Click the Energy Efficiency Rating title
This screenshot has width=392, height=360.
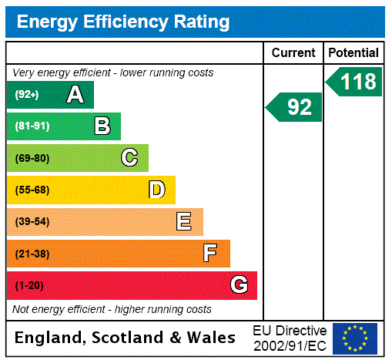click(x=123, y=22)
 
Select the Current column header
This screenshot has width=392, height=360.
click(x=293, y=52)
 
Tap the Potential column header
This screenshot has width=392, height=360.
click(x=353, y=52)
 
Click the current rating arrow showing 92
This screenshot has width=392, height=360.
click(x=295, y=107)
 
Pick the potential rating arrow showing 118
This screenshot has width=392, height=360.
click(x=355, y=82)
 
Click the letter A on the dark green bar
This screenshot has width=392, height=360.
click(x=75, y=95)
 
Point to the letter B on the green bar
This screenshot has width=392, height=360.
click(x=102, y=126)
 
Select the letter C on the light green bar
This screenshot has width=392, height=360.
click(x=129, y=158)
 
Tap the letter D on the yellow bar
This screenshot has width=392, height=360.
click(x=156, y=190)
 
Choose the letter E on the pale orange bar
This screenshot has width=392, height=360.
click(x=184, y=222)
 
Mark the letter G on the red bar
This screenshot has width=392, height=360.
click(x=239, y=285)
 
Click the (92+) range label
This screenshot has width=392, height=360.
click(x=28, y=95)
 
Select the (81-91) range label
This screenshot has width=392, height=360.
click(x=32, y=126)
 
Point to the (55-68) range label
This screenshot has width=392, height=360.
click(x=32, y=190)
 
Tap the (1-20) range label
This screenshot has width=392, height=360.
click(x=29, y=285)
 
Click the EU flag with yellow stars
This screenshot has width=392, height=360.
click(x=355, y=338)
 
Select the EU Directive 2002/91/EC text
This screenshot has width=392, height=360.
click(x=290, y=338)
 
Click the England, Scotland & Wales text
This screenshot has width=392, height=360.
click(x=126, y=338)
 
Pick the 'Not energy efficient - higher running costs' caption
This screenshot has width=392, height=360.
click(x=112, y=309)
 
